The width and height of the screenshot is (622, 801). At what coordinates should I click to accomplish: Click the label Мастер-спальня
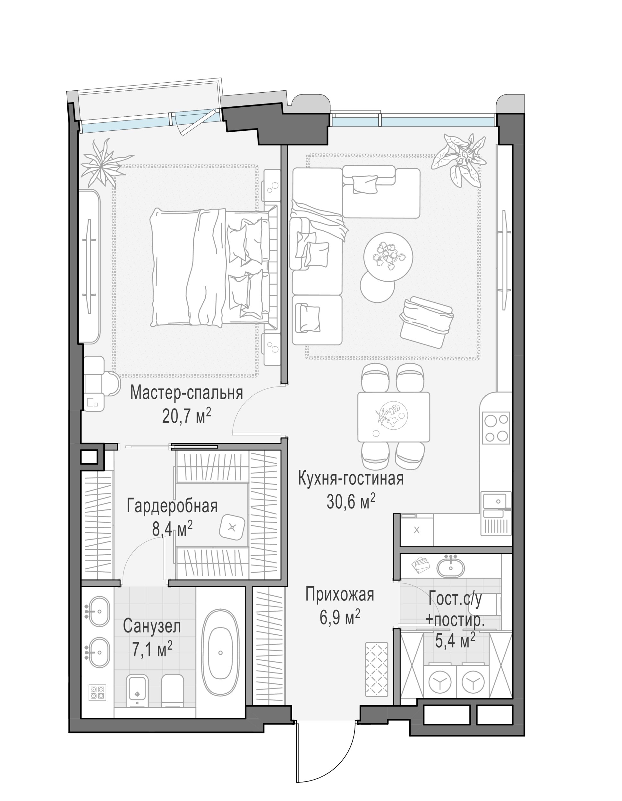point(186,392)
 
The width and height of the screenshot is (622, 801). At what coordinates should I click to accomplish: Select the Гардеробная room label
point(172,506)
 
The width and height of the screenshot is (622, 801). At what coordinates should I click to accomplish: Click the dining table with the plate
point(394,417)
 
